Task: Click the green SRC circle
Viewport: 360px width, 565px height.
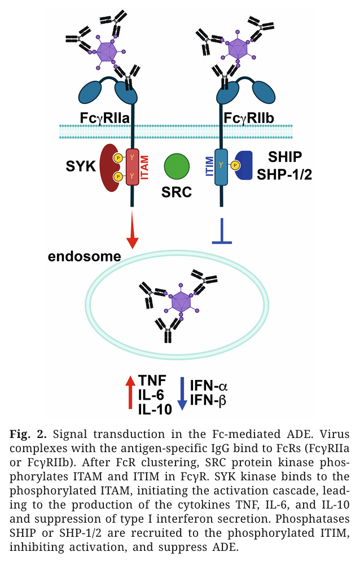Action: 177,168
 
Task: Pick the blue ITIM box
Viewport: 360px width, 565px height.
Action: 221,167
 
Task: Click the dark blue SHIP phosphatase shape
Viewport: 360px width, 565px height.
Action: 244,166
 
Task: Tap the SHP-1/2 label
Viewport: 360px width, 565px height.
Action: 284,174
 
